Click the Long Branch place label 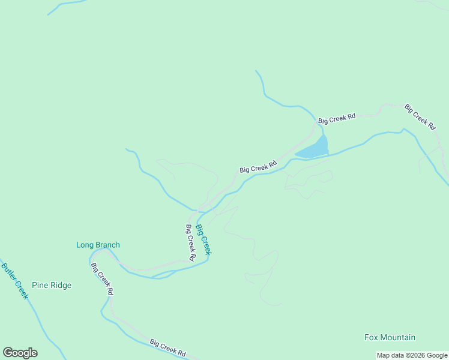click(98, 245)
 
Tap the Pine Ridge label click(52, 285)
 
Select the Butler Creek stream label click(14, 281)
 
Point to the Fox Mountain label click(390, 337)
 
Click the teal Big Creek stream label click(203, 239)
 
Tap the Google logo click(20, 353)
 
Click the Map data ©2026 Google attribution click(412, 356)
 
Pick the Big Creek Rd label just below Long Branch click(102, 279)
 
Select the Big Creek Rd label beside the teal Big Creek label click(190, 242)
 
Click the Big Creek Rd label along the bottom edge click(168, 347)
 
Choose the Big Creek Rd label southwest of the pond click(258, 166)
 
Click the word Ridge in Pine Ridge click(61, 285)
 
